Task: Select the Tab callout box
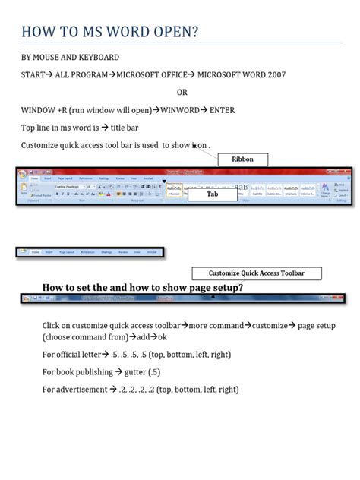tap(213, 194)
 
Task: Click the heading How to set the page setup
tap(143, 287)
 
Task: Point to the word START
tap(33, 75)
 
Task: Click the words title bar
tap(138, 128)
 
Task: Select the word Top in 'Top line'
tap(28, 128)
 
